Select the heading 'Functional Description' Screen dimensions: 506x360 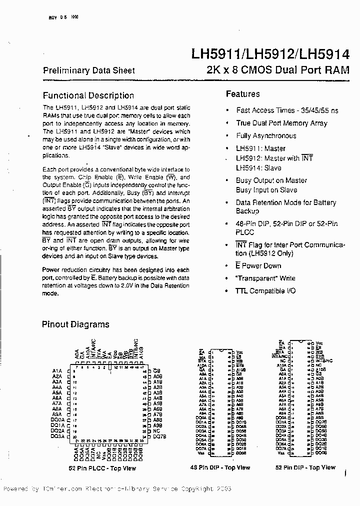[88, 95]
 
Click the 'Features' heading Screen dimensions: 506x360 [242, 93]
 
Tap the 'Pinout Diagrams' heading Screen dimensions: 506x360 [75, 324]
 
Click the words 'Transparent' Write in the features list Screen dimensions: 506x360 [265, 278]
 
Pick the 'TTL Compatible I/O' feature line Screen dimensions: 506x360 [266, 290]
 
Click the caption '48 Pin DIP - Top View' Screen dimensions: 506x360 [220, 467]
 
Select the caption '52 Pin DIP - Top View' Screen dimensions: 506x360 [305, 467]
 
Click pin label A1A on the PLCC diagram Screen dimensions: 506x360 [56, 370]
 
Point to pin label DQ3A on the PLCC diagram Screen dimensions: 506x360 [57, 436]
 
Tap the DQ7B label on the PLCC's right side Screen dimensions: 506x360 [159, 436]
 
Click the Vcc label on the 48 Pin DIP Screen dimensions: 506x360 [240, 352]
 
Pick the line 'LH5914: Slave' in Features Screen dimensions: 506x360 [258, 167]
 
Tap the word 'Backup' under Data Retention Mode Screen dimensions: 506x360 [247, 211]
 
